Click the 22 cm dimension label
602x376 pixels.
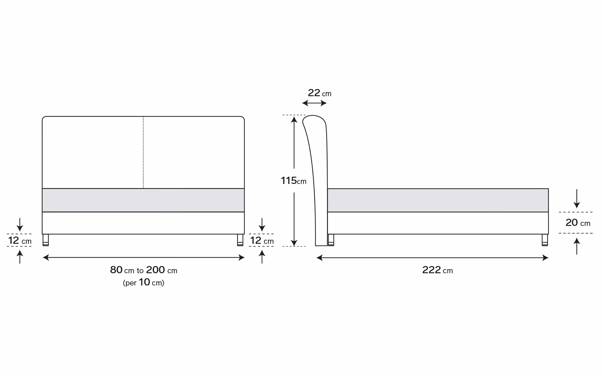319,93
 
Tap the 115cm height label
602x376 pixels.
293,180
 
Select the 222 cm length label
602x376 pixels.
437,270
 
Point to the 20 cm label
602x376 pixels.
578,222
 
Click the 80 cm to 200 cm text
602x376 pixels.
144,270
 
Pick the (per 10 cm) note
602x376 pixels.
144,282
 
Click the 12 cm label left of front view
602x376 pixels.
20,240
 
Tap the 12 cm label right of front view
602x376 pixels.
262,240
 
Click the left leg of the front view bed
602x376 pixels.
46,240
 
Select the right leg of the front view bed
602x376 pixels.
240,240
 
